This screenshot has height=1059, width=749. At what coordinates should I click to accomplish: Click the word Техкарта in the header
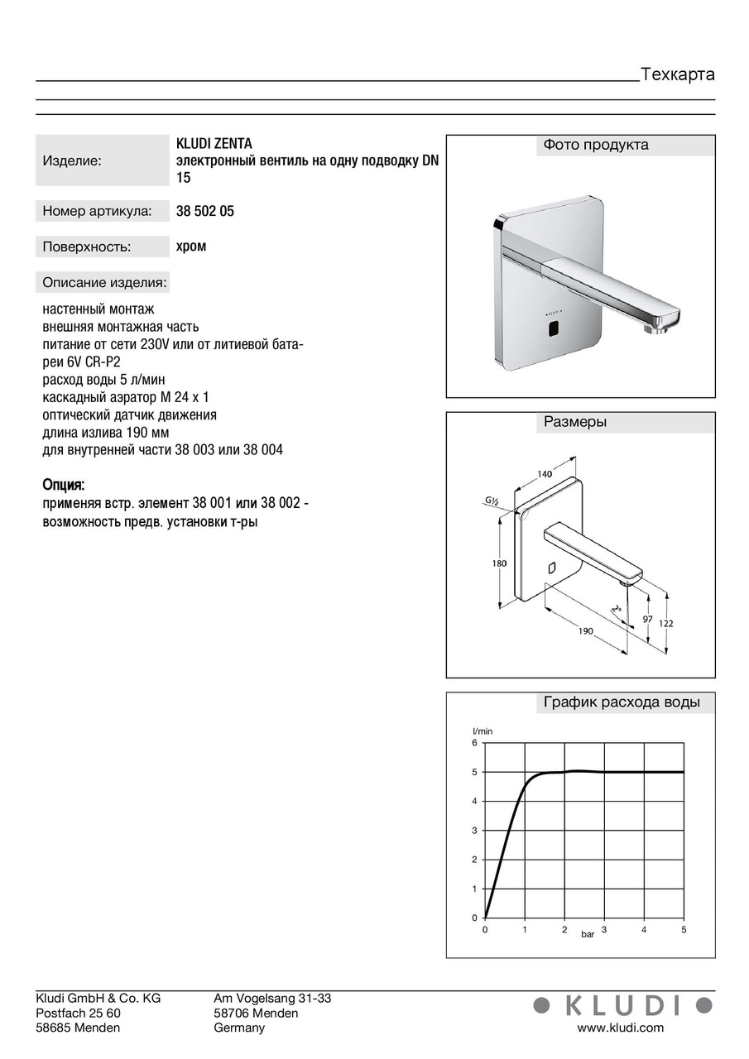pos(677,74)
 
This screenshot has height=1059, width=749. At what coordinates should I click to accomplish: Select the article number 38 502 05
pos(205,212)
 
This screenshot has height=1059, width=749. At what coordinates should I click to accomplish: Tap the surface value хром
pos(191,247)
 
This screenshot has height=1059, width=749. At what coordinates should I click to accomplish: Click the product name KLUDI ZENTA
pos(214,144)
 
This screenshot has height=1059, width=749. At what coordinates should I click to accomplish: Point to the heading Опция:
pos(64,484)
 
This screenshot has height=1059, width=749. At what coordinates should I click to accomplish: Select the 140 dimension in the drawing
pos(544,474)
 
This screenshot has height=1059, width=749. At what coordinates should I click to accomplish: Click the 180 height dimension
pos(499,563)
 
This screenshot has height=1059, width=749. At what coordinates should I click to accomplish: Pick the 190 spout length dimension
pos(585,631)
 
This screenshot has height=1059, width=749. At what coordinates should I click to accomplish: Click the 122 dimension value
pos(667,623)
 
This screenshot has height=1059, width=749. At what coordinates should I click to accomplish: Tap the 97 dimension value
pos(647,619)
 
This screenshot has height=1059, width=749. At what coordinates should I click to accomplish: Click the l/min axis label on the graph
pos(482,731)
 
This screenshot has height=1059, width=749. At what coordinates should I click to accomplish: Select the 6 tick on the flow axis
pos(474,743)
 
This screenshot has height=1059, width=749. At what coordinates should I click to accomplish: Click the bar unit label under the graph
pos(588,934)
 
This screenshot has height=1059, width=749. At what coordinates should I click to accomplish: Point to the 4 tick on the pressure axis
pos(644,930)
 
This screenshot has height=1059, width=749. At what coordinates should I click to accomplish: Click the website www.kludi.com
pos(620,1028)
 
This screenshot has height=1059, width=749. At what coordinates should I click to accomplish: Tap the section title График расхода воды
pos(622,703)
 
